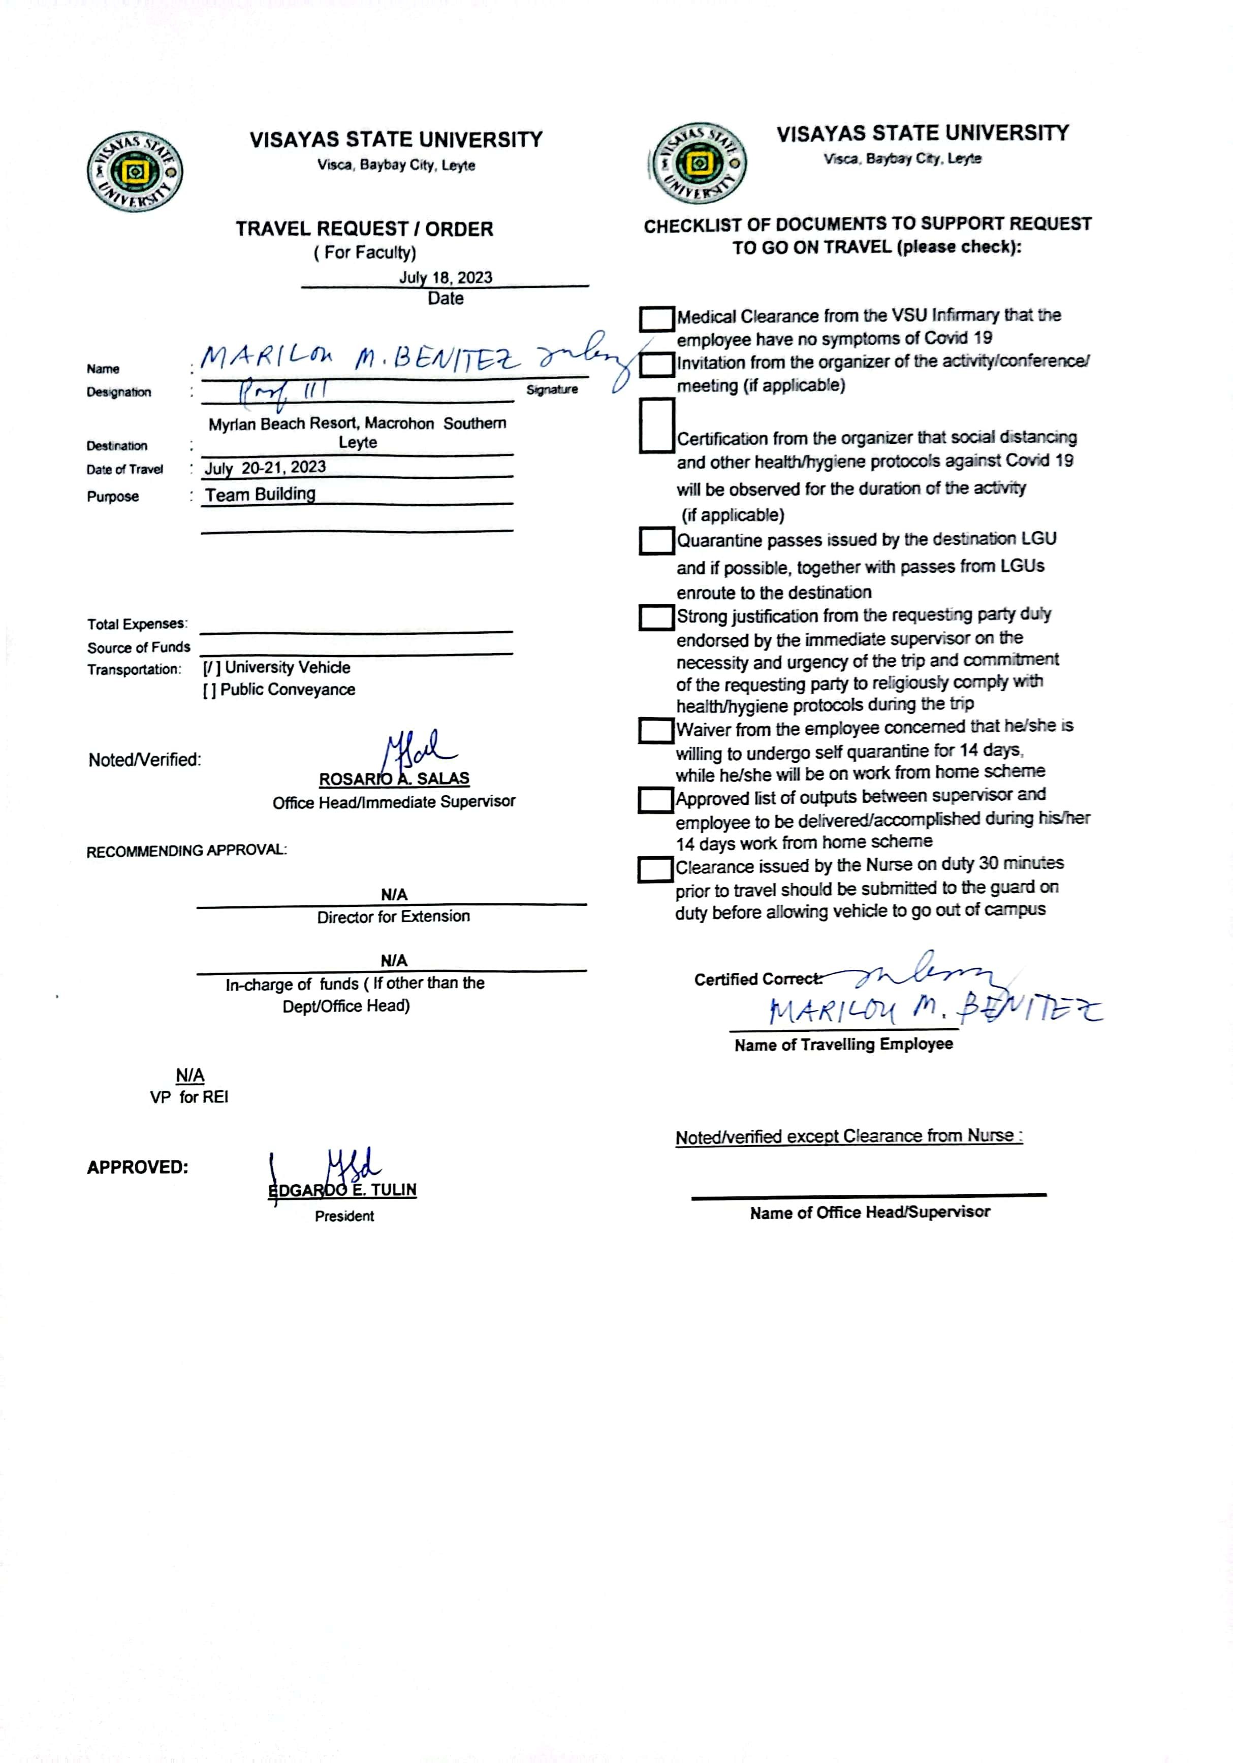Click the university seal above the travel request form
[135, 171]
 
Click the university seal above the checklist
[698, 163]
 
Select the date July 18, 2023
[445, 277]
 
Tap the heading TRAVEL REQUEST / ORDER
[364, 229]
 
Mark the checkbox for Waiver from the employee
[656, 730]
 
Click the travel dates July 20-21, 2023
[265, 468]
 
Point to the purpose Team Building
[261, 494]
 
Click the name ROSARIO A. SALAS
[394, 778]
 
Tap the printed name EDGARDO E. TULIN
[342, 1189]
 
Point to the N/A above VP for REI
[190, 1075]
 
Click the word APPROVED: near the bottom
[138, 1167]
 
